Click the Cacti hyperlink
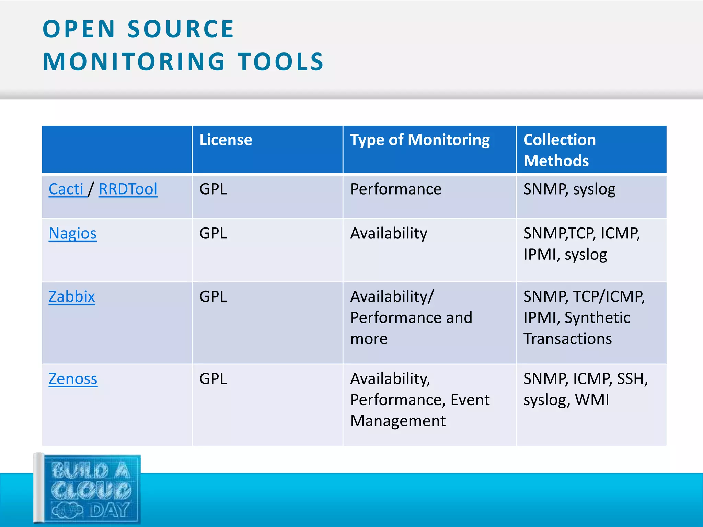[x=66, y=189]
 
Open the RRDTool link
[x=128, y=189]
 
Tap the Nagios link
[x=72, y=233]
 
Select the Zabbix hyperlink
[x=71, y=296]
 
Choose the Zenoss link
[x=73, y=379]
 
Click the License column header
[x=226, y=140]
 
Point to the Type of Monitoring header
[x=419, y=140]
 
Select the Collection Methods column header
[x=560, y=150]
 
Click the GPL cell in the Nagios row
[x=213, y=233]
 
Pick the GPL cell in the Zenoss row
[x=213, y=379]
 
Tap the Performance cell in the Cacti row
[x=395, y=189]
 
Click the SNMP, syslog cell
[x=569, y=189]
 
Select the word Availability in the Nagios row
[x=389, y=233]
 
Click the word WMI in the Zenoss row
[x=592, y=400]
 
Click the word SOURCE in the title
[x=181, y=29]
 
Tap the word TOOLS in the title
[x=281, y=62]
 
